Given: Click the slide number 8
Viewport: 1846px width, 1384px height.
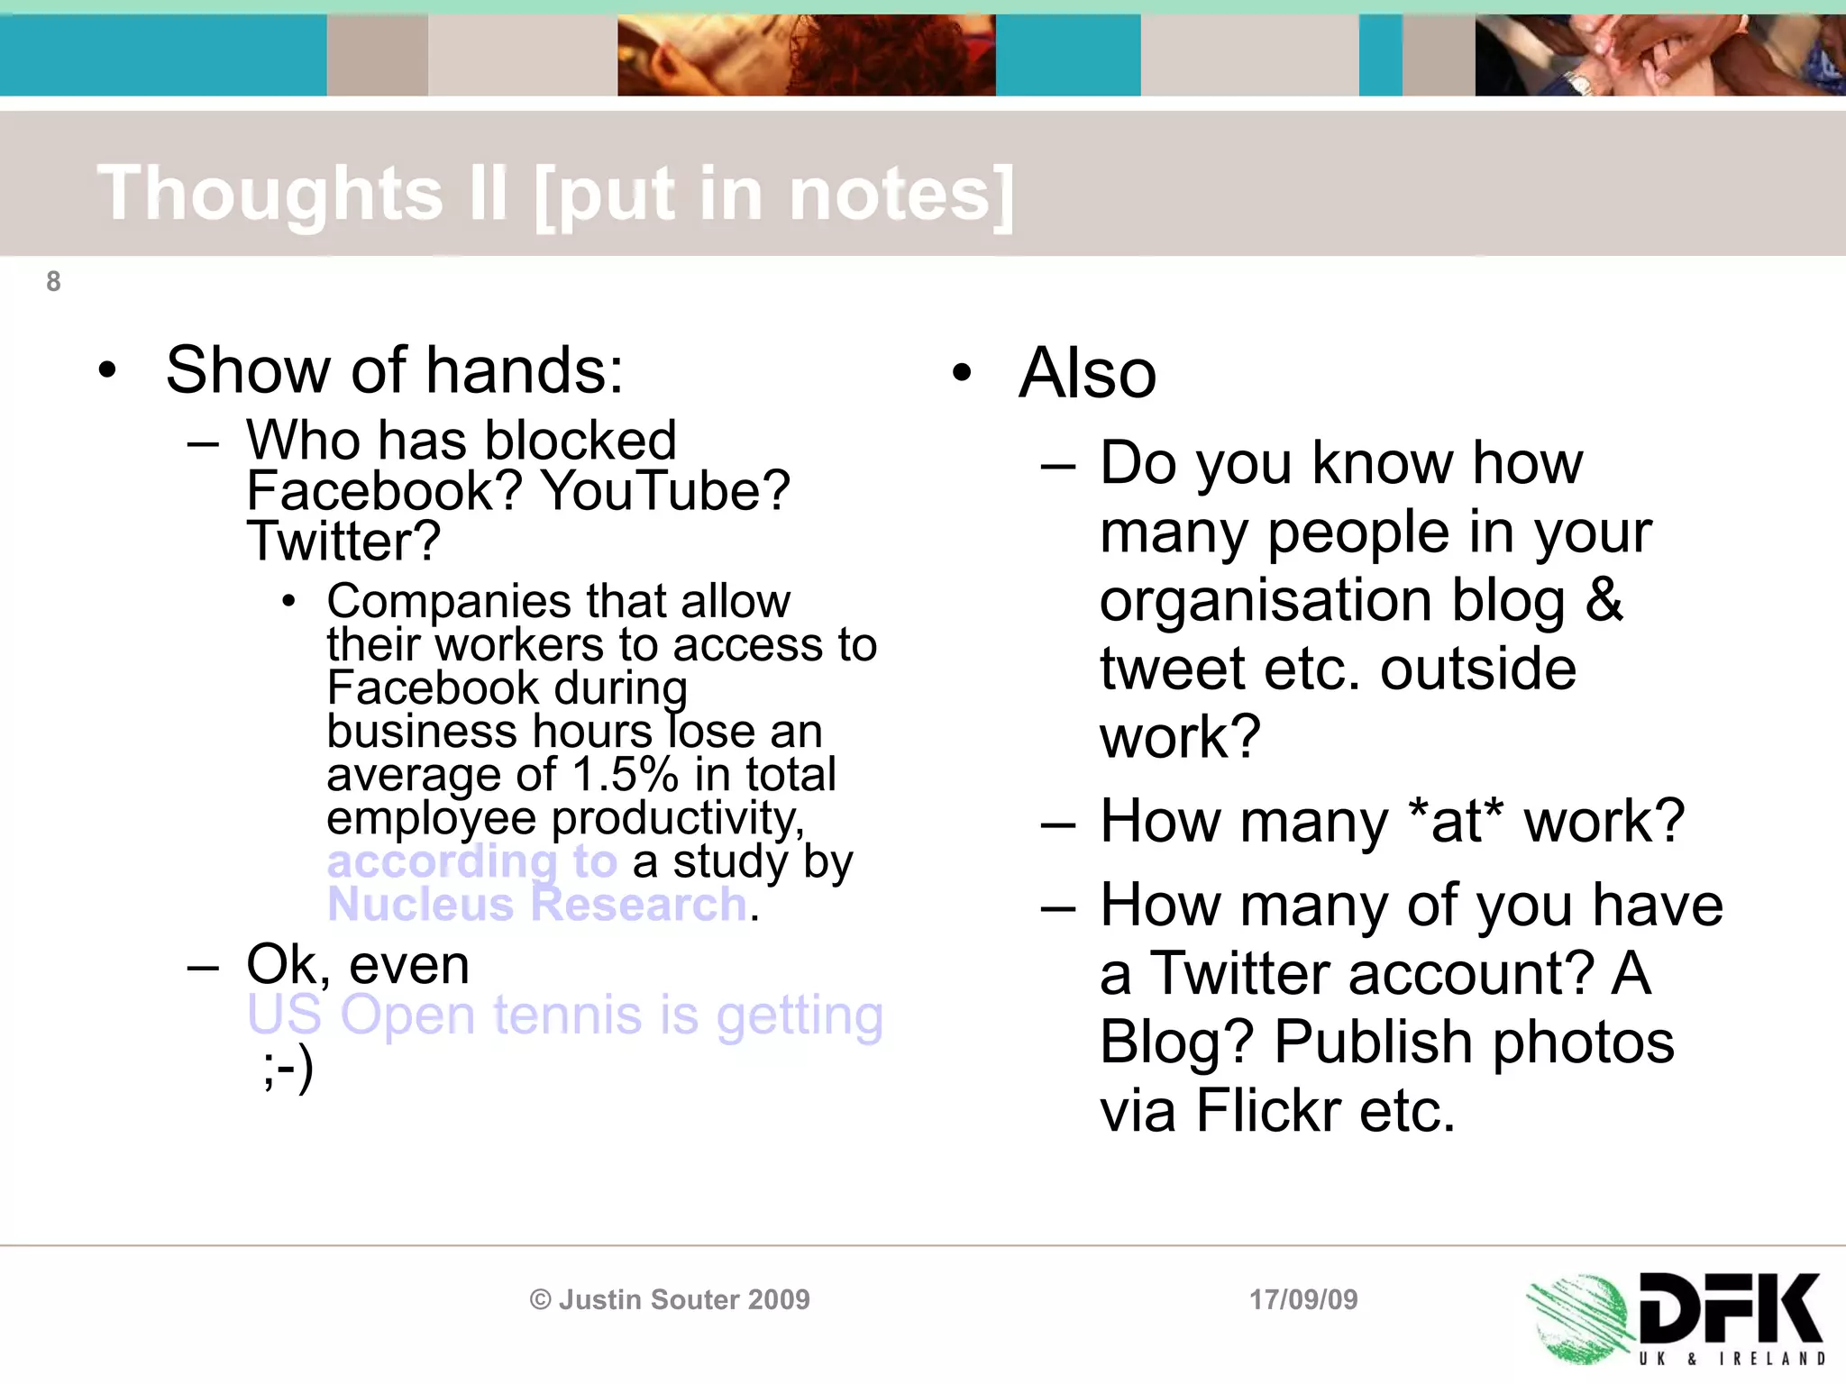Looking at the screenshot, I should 53,282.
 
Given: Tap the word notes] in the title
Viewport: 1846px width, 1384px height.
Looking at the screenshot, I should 901,194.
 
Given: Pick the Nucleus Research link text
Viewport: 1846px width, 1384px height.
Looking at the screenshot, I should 537,905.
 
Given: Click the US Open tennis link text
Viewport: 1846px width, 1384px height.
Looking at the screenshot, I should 564,1015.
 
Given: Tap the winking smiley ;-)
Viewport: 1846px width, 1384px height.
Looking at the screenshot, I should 288,1070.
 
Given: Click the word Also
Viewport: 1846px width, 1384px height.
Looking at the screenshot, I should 1087,373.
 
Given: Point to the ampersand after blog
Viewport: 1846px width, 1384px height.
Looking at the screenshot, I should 1604,600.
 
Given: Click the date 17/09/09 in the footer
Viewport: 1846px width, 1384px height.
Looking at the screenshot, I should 1303,1299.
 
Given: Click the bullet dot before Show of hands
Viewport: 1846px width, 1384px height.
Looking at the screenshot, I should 107,370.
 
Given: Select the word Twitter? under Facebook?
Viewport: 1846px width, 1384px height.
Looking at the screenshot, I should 343,542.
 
